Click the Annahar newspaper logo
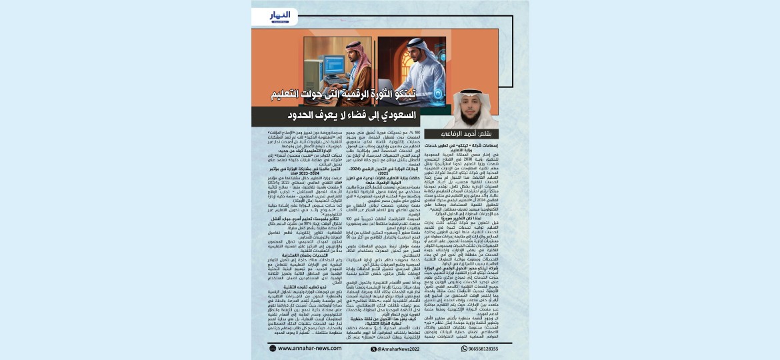pyautogui.click(x=281, y=17)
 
